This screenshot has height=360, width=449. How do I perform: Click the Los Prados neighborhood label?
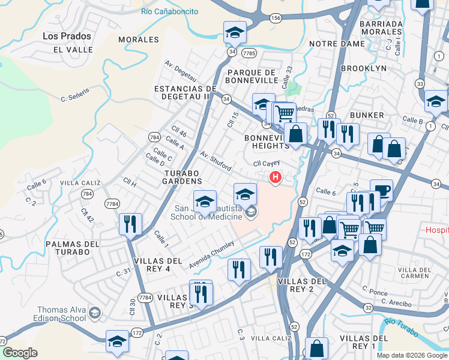point(67,36)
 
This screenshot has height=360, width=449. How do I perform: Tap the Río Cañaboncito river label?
point(169,11)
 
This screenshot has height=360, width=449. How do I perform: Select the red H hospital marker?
point(276,177)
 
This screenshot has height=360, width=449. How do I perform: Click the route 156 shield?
point(276,18)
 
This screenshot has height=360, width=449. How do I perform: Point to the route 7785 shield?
point(250,53)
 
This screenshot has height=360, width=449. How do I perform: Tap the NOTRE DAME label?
point(337,44)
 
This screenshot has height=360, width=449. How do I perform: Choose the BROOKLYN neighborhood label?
point(364,68)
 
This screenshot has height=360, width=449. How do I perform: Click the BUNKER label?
point(367,115)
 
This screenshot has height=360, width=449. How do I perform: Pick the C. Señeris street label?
point(75,94)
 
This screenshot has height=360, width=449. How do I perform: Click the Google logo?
point(20,353)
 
